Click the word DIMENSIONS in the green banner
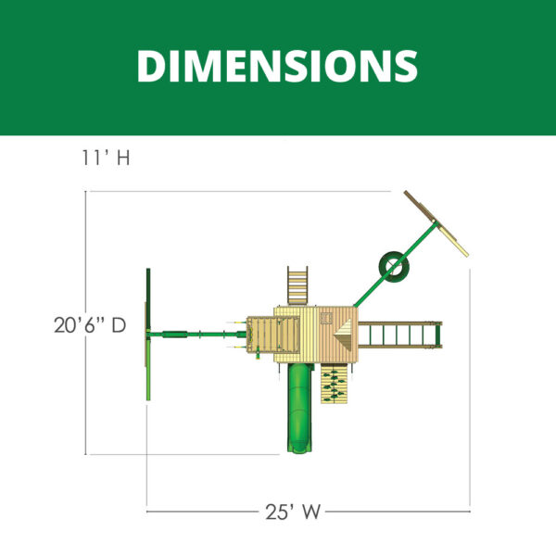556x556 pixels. click(277, 66)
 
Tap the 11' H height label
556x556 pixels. click(106, 158)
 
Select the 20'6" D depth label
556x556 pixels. click(90, 325)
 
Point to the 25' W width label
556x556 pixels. click(293, 512)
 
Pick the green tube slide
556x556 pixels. click(300, 408)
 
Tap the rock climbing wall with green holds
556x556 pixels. click(334, 384)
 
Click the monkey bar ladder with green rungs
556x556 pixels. click(399, 335)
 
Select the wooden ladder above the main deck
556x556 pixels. click(297, 285)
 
